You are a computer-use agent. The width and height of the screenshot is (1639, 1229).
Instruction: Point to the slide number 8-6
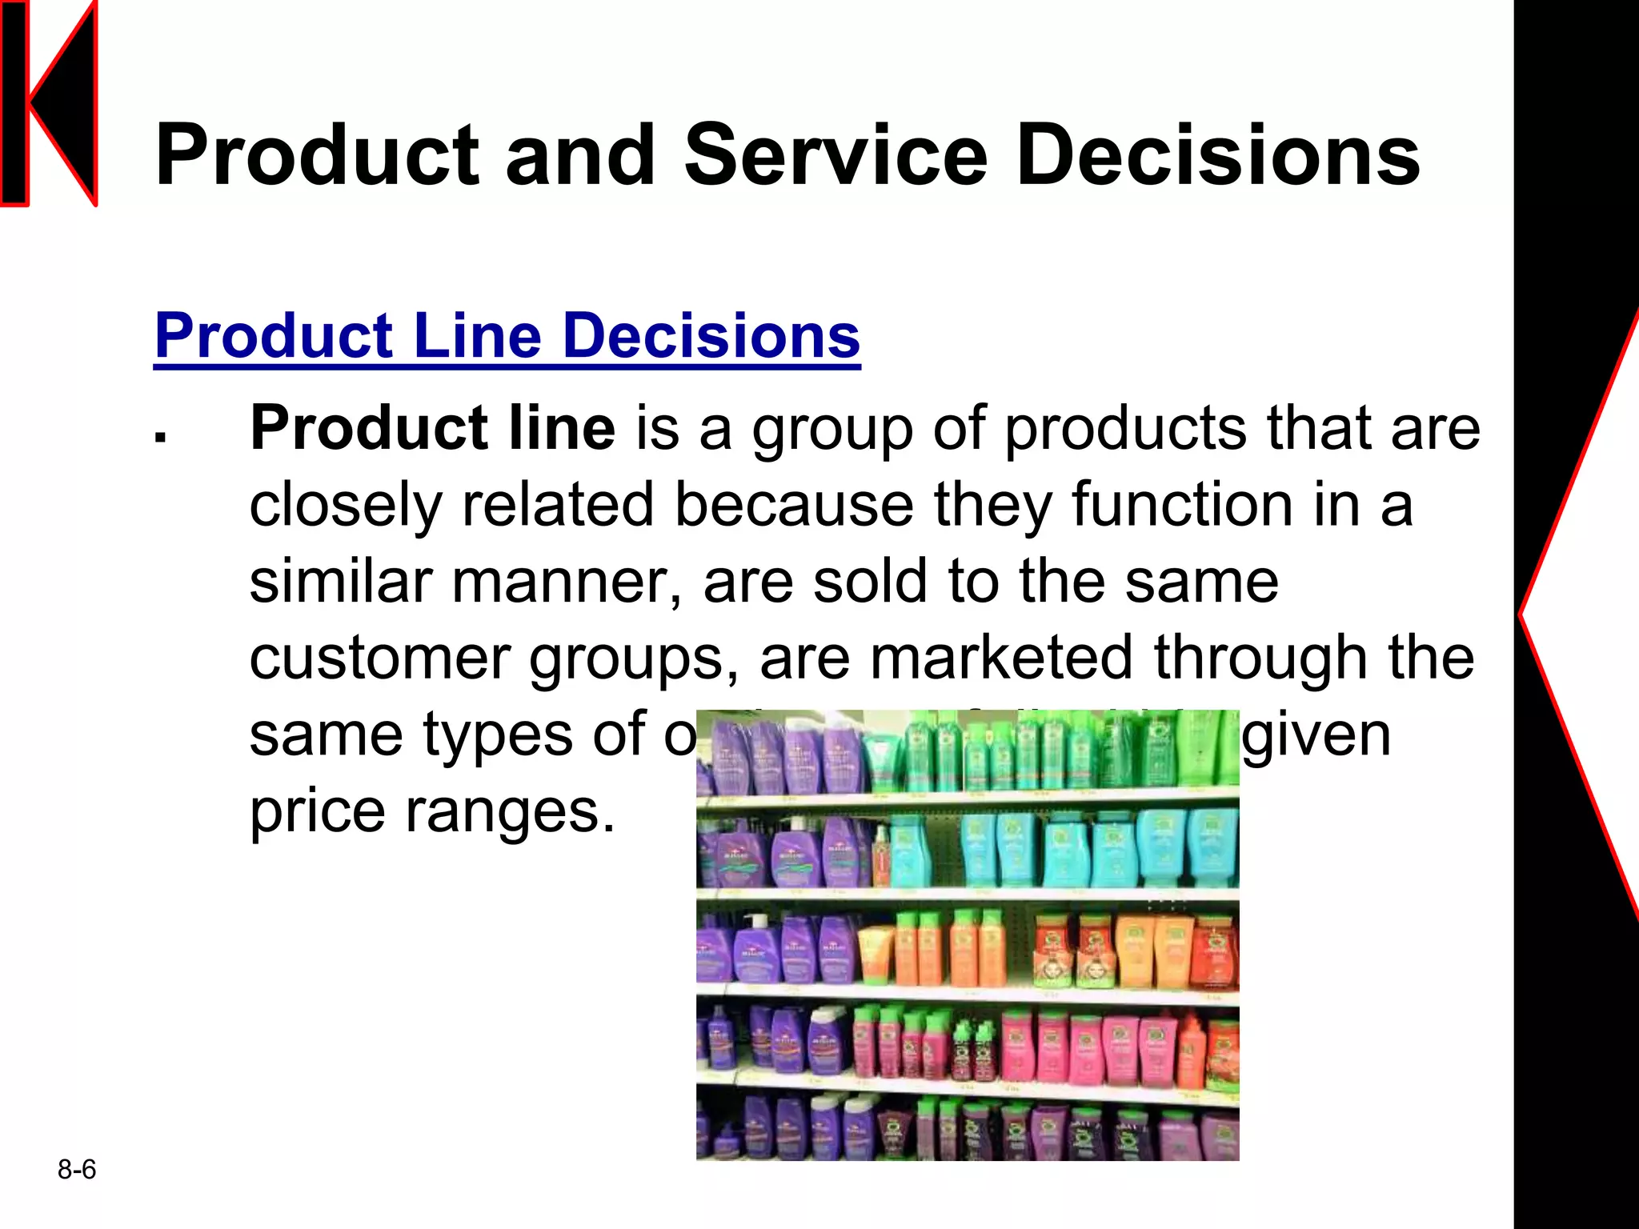pyautogui.click(x=77, y=1170)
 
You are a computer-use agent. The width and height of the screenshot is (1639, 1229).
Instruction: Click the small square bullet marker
pyautogui.click(x=161, y=437)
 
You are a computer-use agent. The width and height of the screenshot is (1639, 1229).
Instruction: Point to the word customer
pyautogui.click(x=379, y=659)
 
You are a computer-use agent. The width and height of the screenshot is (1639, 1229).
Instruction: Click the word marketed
pyautogui.click(x=1001, y=658)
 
